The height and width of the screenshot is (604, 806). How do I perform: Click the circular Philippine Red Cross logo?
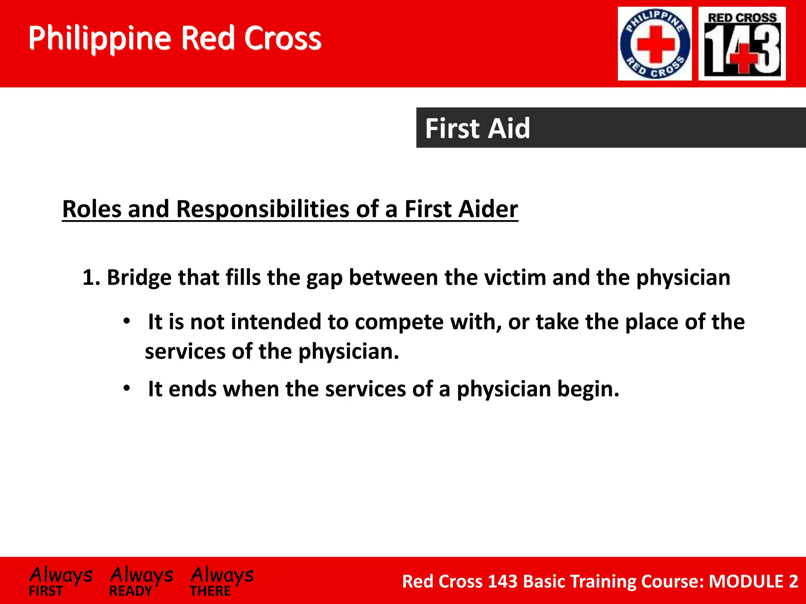pos(655,44)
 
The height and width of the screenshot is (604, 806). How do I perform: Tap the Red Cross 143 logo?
pos(742,44)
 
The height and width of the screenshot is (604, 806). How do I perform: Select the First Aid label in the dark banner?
pos(477,128)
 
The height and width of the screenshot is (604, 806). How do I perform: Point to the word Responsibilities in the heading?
pos(263,209)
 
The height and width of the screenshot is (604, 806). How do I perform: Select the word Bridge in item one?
pos(139,277)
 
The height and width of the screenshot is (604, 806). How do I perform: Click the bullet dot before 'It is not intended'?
pos(126,322)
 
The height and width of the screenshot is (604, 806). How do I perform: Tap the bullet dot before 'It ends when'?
pos(126,389)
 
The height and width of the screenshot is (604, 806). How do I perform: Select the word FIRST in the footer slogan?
pos(46,591)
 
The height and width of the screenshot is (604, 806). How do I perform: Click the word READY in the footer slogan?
pos(131,591)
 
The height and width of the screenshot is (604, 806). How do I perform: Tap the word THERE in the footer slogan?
pos(210,591)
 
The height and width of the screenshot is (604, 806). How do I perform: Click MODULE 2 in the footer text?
pos(753,581)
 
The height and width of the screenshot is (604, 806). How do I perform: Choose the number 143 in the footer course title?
pos(502,581)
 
